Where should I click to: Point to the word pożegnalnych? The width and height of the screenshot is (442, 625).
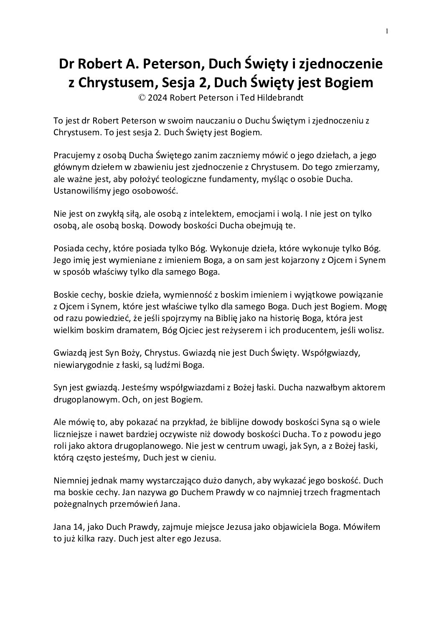pyautogui.click(x=80, y=504)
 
